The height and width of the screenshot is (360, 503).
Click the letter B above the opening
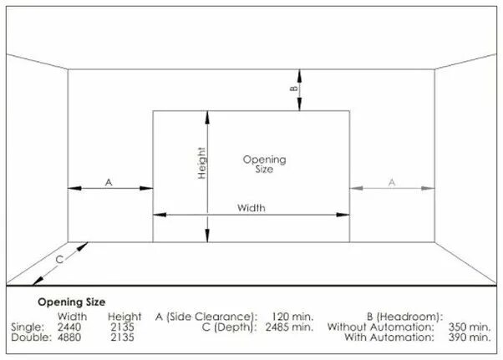click(293, 87)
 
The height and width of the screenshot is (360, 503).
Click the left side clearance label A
click(109, 180)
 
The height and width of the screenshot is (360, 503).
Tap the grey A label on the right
click(391, 180)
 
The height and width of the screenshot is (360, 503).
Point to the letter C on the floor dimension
click(59, 260)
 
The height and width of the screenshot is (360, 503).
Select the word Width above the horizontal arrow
click(251, 207)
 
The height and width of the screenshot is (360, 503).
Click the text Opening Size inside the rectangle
click(264, 163)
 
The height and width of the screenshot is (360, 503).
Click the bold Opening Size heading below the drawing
click(71, 302)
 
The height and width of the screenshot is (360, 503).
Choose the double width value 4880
click(71, 338)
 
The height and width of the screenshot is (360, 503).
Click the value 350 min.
click(469, 327)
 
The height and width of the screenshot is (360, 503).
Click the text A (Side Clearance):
click(205, 317)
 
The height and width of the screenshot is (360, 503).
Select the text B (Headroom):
click(404, 317)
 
